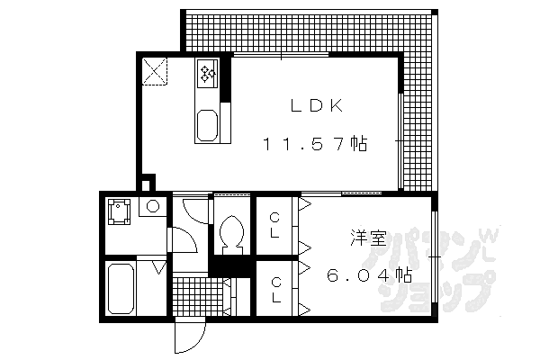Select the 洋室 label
point(369,239)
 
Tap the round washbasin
point(153,207)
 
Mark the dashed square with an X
point(156,70)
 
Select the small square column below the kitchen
point(149,183)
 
